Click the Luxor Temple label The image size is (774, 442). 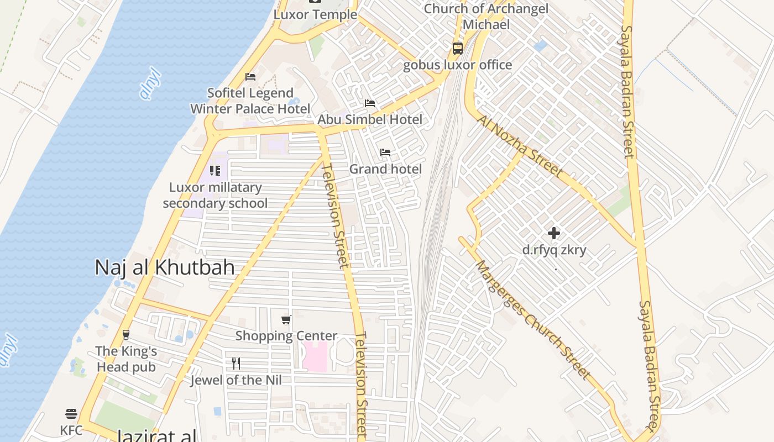click(x=315, y=14)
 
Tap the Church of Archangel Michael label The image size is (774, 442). click(x=486, y=17)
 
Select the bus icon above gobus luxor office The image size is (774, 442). click(x=458, y=48)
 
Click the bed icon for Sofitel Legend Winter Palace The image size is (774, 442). click(x=250, y=77)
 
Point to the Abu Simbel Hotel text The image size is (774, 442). click(x=369, y=119)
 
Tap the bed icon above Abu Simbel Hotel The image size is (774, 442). click(x=369, y=103)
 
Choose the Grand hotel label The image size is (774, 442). click(x=385, y=169)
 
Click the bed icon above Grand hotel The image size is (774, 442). click(x=385, y=152)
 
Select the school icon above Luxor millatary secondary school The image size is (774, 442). click(x=215, y=171)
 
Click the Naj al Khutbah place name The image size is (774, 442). click(x=165, y=267)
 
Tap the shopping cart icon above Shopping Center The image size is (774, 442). click(x=286, y=319)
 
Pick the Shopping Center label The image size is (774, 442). click(x=286, y=336)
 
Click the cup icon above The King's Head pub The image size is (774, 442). click(x=126, y=334)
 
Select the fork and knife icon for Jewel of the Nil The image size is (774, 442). click(x=236, y=364)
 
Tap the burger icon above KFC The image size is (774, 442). click(x=71, y=413)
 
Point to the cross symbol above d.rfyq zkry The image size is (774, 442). click(x=554, y=233)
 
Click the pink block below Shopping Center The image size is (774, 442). click(x=315, y=356)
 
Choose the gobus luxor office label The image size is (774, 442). click(x=457, y=65)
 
